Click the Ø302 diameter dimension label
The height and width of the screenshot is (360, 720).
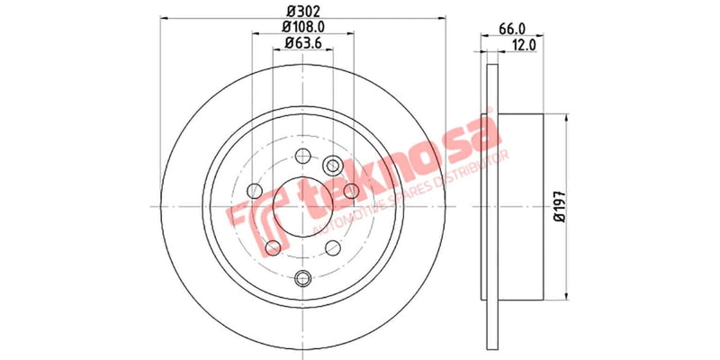point(302,12)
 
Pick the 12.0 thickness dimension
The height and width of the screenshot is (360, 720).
point(525,42)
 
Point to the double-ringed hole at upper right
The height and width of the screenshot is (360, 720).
point(332,164)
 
